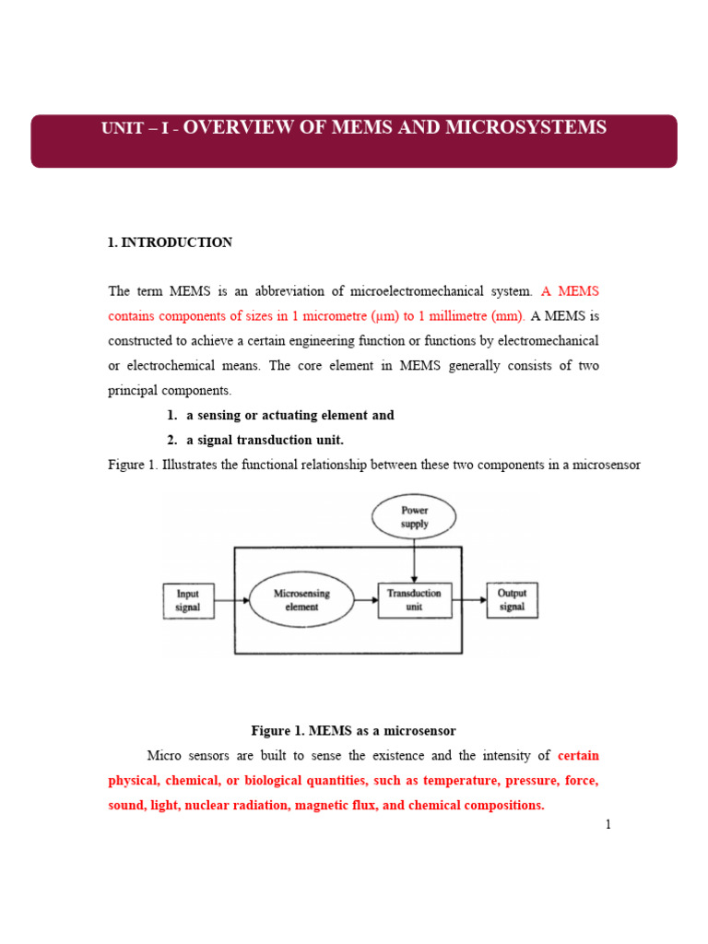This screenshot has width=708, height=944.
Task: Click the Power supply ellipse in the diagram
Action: [x=414, y=517]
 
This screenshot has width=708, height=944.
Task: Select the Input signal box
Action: [x=187, y=600]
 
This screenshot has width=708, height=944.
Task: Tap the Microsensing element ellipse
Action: [x=301, y=600]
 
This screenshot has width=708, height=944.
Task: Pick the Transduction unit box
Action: [x=414, y=600]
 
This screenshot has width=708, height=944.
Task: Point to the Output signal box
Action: [x=512, y=600]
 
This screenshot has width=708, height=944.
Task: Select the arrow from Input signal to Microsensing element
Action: [x=230, y=600]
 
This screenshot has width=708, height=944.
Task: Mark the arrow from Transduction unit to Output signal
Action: [x=467, y=600]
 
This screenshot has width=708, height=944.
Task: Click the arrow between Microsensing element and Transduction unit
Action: [x=367, y=600]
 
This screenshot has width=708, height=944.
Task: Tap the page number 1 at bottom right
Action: [x=608, y=824]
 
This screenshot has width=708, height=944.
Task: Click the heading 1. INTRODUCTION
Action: [x=171, y=242]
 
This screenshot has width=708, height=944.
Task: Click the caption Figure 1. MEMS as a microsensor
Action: [x=354, y=731]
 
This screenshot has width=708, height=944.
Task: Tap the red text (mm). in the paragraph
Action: [x=508, y=316]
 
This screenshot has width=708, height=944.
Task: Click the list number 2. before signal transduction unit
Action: [x=172, y=440]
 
